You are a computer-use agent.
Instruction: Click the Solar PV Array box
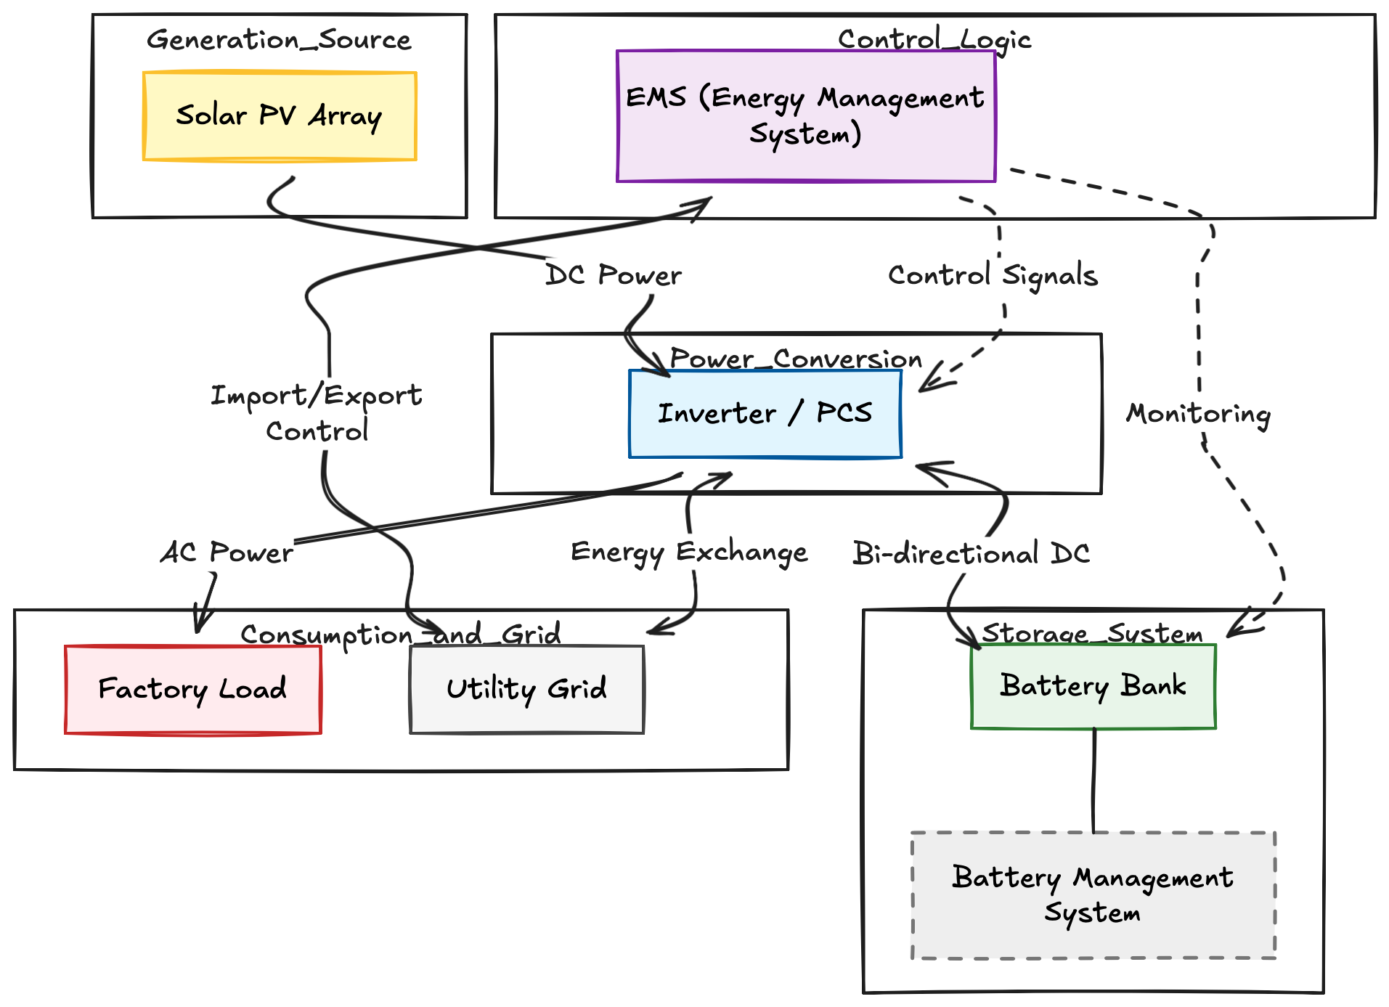tap(280, 116)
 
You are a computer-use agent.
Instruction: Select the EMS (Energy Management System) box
tap(805, 116)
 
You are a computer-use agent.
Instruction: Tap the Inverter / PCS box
tap(765, 414)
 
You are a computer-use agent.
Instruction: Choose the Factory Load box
tap(192, 690)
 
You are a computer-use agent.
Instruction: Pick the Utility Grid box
tap(526, 690)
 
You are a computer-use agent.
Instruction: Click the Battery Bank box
tap(1093, 686)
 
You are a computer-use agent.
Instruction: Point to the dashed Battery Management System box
tap(1093, 895)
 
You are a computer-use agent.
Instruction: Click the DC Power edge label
tap(614, 276)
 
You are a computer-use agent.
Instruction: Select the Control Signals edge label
tap(993, 276)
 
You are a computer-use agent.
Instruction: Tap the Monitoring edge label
tap(1198, 414)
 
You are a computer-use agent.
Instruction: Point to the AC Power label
tap(227, 553)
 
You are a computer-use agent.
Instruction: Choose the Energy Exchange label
tap(689, 553)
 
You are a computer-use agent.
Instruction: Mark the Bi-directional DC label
tap(971, 554)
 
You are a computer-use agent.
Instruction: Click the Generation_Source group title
tap(279, 40)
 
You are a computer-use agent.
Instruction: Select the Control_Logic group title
tap(934, 39)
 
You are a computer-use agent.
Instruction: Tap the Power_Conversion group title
tap(796, 359)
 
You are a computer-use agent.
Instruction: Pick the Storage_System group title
tap(1092, 633)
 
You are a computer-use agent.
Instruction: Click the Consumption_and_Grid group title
tap(401, 635)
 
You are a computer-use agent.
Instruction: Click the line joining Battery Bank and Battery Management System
tap(1094, 780)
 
